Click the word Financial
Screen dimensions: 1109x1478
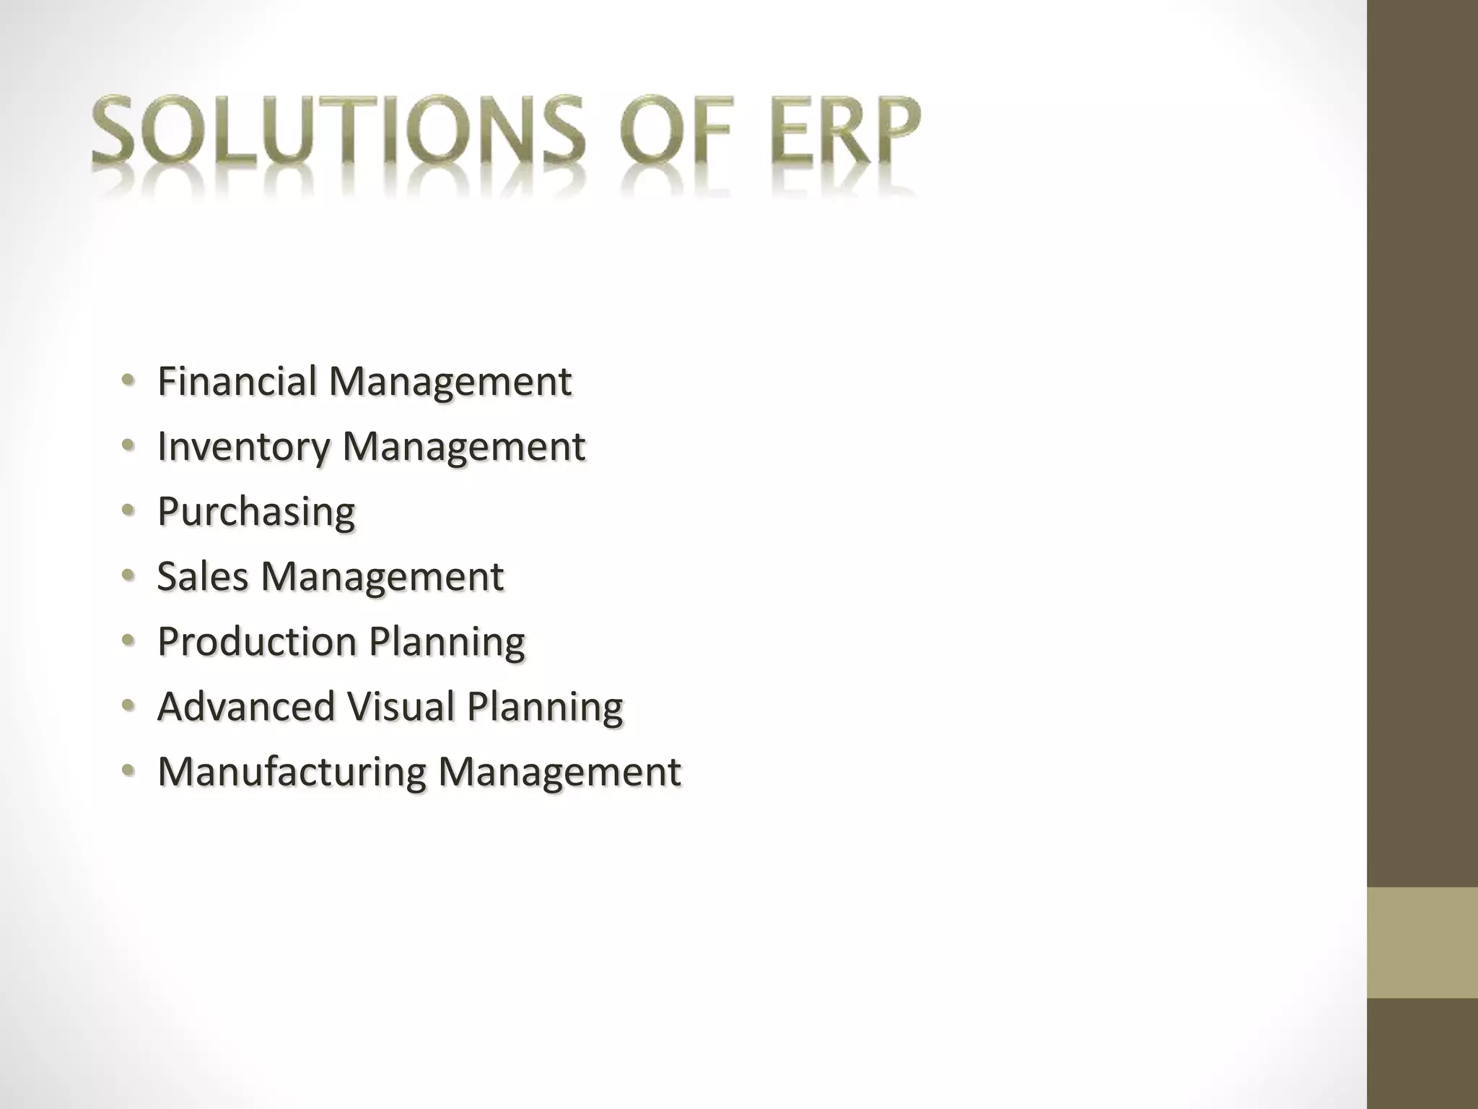237,381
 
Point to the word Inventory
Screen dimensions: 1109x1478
243,447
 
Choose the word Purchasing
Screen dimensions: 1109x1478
256,513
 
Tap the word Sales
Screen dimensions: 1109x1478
202,576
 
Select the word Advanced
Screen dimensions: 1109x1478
246,706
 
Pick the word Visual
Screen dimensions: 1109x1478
401,706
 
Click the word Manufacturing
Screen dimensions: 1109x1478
292,771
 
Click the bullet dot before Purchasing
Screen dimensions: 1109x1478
128,510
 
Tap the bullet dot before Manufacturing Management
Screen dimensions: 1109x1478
128,770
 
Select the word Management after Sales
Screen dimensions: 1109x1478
382,578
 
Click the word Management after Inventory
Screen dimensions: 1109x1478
463,447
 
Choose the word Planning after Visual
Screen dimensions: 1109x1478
544,707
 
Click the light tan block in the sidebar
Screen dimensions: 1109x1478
1422,942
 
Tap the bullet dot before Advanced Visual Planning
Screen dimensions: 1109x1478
128,705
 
